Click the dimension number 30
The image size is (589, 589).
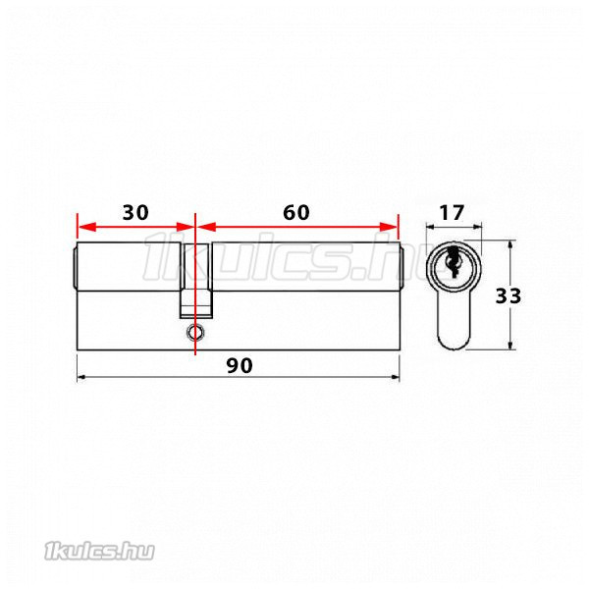[135, 213]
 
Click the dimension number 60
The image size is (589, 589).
[296, 213]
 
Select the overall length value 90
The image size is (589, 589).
[240, 365]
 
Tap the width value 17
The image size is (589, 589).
[452, 213]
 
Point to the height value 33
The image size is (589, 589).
[509, 295]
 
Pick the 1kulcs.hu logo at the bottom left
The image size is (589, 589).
[99, 552]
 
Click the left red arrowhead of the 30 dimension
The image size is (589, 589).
[86, 227]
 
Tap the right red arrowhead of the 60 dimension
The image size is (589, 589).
[389, 227]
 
